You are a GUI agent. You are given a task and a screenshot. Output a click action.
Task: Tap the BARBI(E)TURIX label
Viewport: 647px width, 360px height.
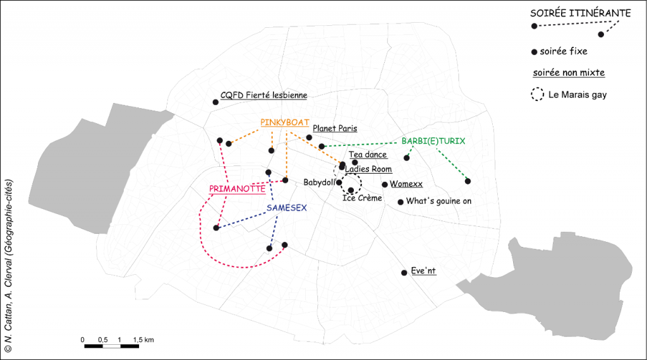coord(433,141)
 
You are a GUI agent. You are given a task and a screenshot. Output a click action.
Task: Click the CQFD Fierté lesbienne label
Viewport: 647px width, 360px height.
coord(263,95)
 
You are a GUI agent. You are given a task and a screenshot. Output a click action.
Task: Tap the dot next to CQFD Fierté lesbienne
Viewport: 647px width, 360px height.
coord(215,101)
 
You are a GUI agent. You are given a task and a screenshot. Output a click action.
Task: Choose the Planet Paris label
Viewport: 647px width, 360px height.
coord(335,128)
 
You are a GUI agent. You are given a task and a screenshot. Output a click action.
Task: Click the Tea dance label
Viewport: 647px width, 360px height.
coord(368,155)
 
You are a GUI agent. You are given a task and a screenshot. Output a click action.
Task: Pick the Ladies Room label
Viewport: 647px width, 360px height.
coord(368,169)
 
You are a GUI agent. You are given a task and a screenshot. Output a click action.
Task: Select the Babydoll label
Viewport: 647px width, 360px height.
coord(320,182)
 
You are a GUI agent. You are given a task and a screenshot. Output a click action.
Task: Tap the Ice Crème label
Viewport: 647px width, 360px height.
coord(362,198)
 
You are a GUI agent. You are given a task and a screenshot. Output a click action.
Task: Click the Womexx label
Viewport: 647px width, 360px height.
coord(406,184)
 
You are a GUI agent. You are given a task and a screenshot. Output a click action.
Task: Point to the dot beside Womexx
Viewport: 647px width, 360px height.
coord(385,184)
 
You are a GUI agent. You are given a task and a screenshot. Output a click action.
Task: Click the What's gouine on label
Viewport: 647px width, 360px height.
coord(438,201)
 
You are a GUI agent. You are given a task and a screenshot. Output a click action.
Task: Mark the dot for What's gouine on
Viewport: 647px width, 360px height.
coord(401,202)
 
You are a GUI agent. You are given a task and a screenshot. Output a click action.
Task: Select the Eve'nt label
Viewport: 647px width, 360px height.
coord(423,271)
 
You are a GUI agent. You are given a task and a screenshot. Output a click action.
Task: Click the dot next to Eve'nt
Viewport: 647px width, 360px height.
coord(404,273)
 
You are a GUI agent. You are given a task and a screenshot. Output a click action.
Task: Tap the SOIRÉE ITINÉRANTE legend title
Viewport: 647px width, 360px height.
coord(580,13)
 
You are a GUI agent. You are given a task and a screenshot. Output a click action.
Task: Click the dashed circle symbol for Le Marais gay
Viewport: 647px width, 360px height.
coord(538,95)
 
